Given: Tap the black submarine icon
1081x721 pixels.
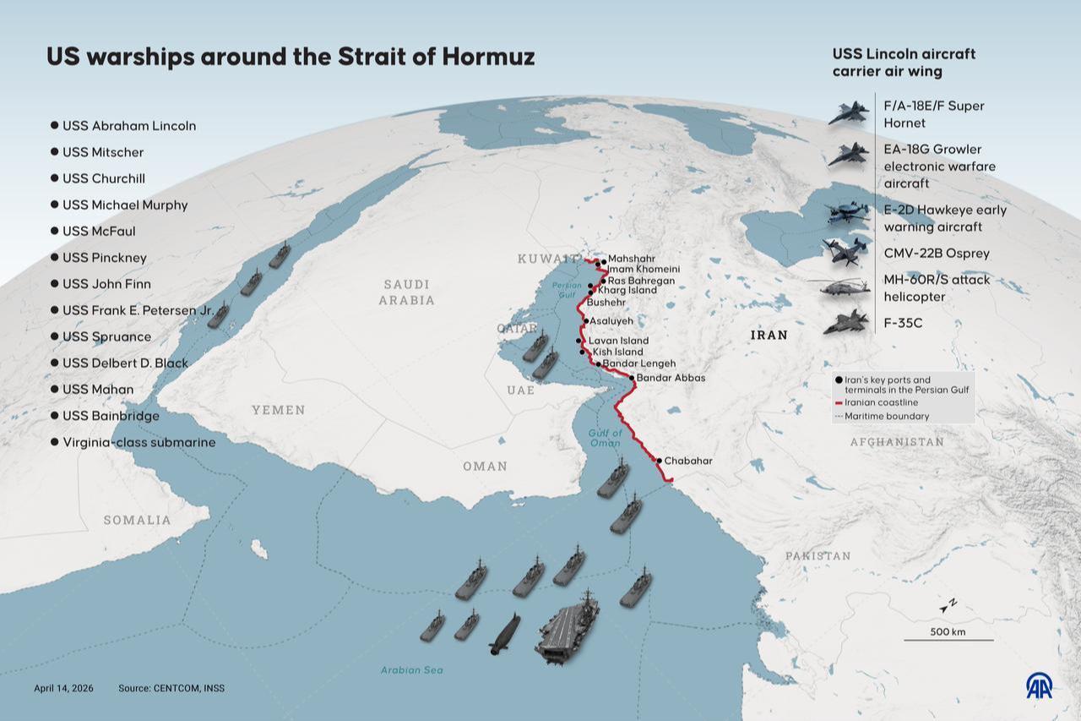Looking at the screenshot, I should pyautogui.click(x=504, y=634).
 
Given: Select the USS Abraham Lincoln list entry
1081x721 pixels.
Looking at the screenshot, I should pyautogui.click(x=128, y=126).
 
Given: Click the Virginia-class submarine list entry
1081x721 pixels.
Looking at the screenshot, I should pyautogui.click(x=139, y=442).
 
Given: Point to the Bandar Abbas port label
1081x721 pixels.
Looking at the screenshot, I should pyautogui.click(x=671, y=378).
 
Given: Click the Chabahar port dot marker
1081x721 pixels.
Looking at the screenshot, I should pyautogui.click(x=659, y=461).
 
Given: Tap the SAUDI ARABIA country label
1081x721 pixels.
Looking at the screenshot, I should pyautogui.click(x=406, y=292).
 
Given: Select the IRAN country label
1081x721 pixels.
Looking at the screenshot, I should pyautogui.click(x=769, y=336).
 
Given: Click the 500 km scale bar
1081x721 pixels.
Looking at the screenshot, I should pyautogui.click(x=948, y=639).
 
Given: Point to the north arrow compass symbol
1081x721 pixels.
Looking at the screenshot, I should pyautogui.click(x=948, y=605).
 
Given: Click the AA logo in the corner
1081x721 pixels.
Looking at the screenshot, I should pyautogui.click(x=1039, y=685).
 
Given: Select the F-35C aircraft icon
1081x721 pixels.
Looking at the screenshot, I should pyautogui.click(x=845, y=322).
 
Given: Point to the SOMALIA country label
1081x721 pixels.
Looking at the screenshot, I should pyautogui.click(x=137, y=520).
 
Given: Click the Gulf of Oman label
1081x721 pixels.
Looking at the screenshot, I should pyautogui.click(x=605, y=438).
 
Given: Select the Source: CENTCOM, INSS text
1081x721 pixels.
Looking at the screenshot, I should pyautogui.click(x=171, y=688).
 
